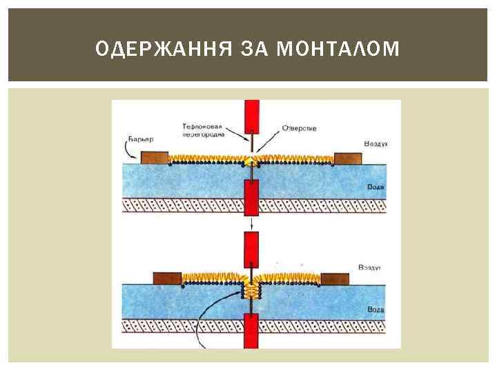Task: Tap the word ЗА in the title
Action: [x=255, y=48]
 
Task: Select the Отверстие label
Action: [x=298, y=127]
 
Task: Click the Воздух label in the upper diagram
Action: [x=376, y=143]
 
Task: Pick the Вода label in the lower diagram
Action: [x=377, y=309]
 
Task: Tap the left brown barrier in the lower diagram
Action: [x=167, y=278]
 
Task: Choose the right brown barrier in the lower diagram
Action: [x=335, y=278]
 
